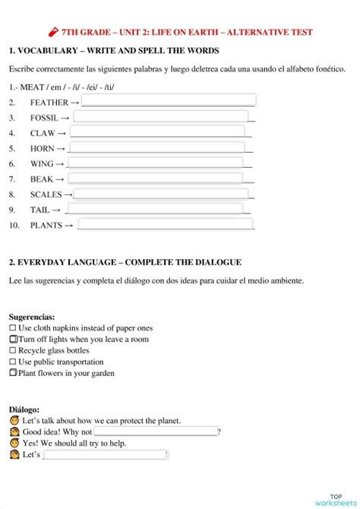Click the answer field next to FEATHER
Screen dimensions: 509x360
[x=168, y=100]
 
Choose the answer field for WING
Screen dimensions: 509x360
[x=155, y=163]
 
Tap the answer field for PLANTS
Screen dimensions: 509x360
[x=165, y=224]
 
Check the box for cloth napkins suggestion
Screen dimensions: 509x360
[x=12, y=328]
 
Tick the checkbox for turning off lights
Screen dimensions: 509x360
[x=13, y=339]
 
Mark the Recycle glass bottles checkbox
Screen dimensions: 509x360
[x=12, y=350]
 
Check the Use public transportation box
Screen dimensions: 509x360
[x=12, y=362]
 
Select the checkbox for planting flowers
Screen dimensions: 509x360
[x=13, y=373]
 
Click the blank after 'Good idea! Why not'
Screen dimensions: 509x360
[x=156, y=432]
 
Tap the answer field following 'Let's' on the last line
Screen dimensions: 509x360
[x=106, y=454]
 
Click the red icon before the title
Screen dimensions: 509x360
[x=52, y=33]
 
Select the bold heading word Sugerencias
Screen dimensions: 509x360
[x=31, y=316]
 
